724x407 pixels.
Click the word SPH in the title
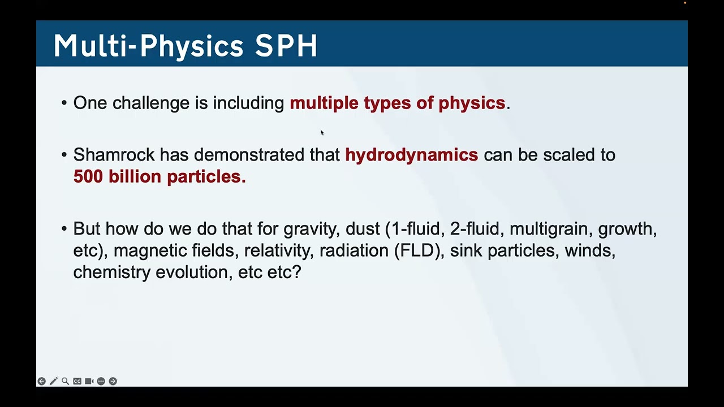tap(286, 45)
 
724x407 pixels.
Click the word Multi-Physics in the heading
tap(148, 45)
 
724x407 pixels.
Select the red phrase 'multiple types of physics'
tap(397, 103)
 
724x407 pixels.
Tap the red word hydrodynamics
tap(411, 155)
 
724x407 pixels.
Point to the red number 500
tap(89, 176)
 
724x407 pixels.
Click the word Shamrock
tap(114, 155)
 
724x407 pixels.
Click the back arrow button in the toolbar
tap(41, 382)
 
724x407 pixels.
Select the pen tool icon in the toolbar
tap(53, 382)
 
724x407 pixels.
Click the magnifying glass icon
tap(65, 382)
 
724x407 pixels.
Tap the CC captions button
tap(77, 382)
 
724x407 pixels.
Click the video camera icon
tap(89, 382)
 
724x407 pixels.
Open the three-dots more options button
tap(101, 382)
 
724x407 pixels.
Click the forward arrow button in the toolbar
tap(113, 382)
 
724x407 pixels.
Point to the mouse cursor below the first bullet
tap(322, 133)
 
